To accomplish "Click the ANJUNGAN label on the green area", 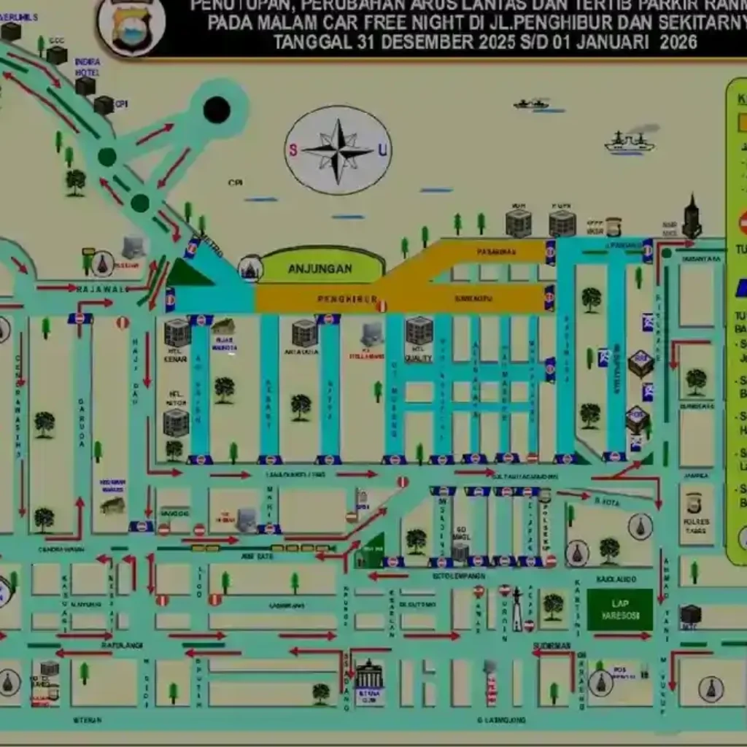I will [x=320, y=268].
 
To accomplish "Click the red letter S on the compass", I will [x=293, y=150].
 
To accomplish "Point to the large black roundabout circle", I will [x=217, y=109].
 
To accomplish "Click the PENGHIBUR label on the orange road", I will [x=347, y=299].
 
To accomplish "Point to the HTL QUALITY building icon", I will [x=419, y=330].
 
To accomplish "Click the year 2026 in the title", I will [x=678, y=42].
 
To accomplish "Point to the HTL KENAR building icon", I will [x=177, y=333].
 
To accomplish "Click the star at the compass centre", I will [x=338, y=150].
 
